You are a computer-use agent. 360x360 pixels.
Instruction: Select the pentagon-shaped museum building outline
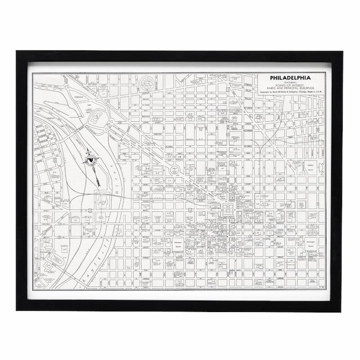[96, 118]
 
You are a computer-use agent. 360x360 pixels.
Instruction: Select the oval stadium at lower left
[58, 259]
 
